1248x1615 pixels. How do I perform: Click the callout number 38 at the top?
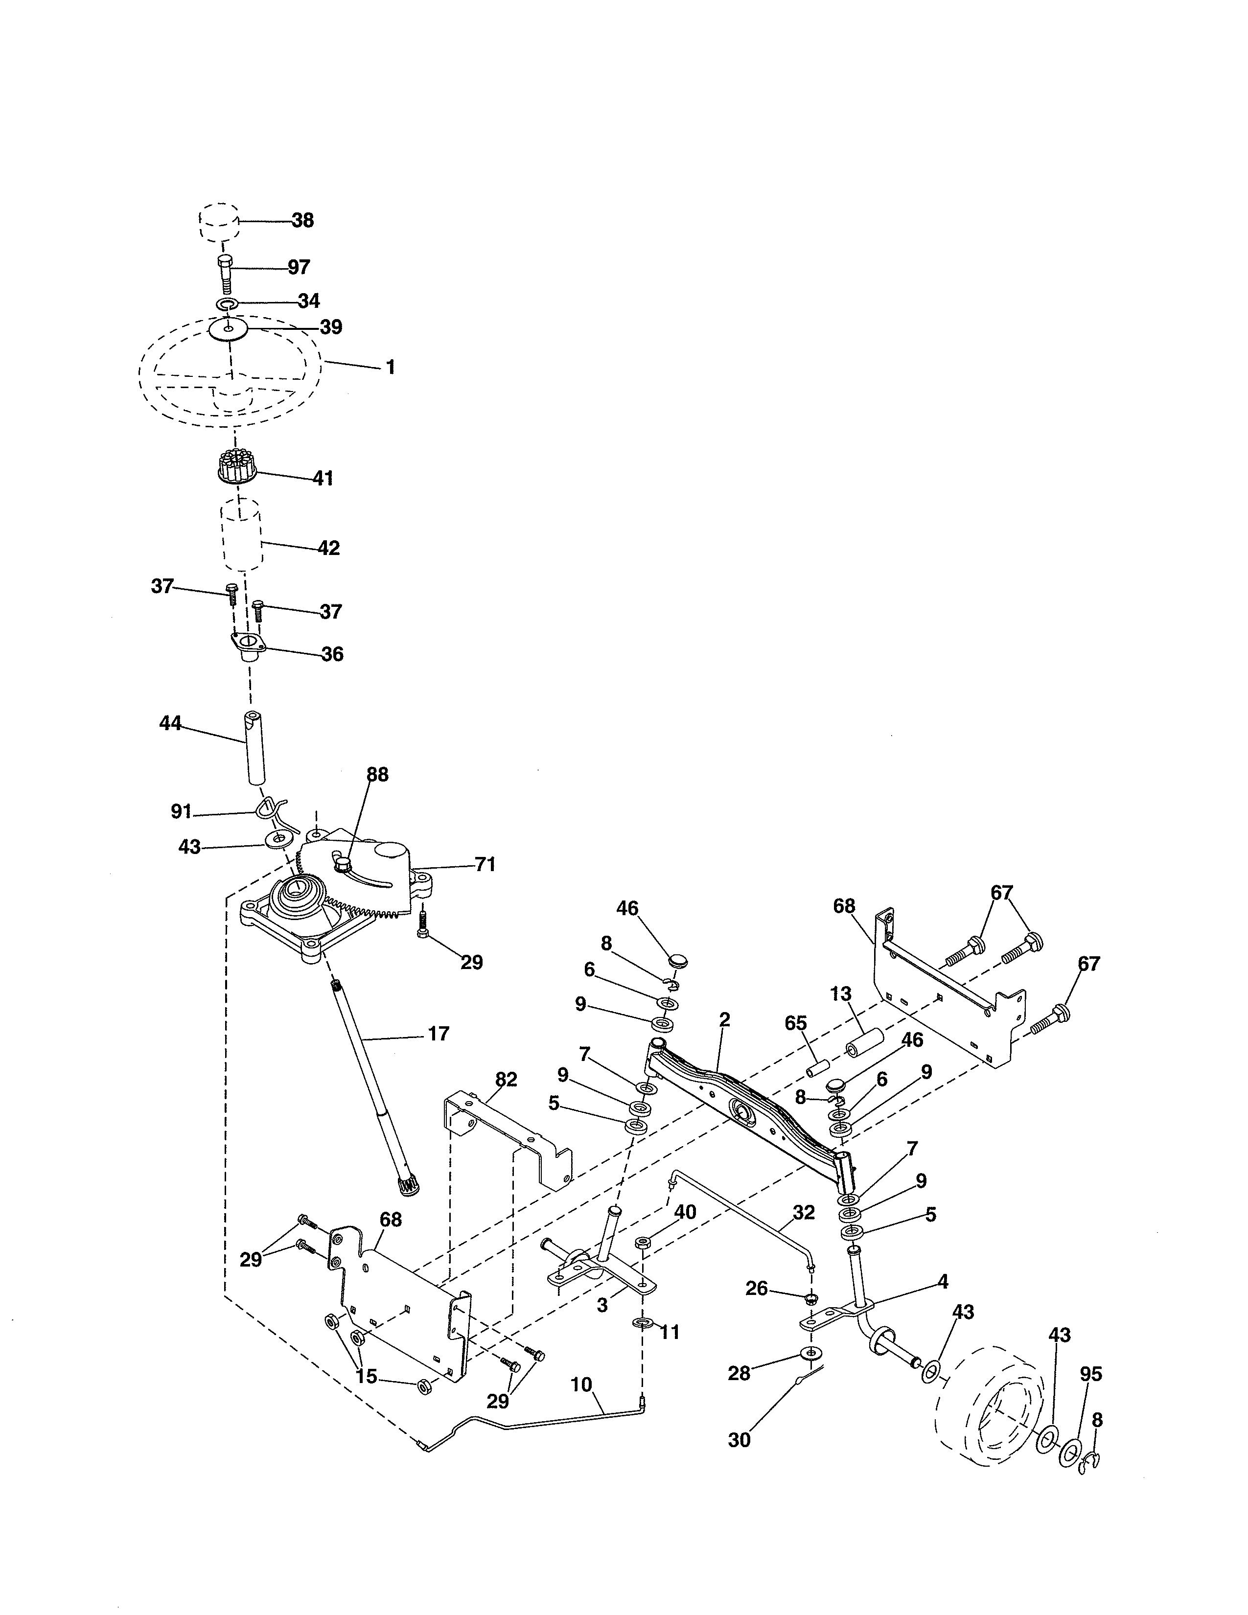click(302, 220)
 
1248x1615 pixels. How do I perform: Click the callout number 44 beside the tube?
click(170, 724)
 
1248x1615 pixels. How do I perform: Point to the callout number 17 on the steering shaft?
click(439, 1034)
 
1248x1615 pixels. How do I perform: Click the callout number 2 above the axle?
click(724, 1020)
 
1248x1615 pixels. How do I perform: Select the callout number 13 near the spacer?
click(841, 994)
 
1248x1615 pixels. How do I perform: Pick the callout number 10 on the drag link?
click(581, 1384)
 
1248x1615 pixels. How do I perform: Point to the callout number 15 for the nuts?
click(366, 1376)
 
